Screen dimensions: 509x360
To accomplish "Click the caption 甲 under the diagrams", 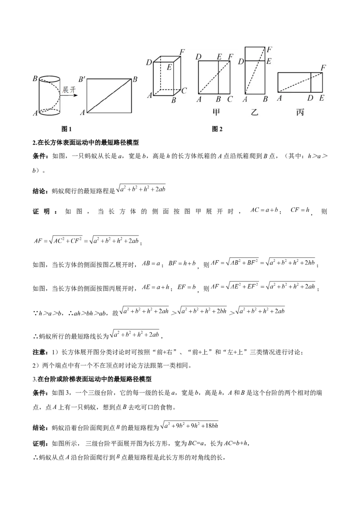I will [x=216, y=112].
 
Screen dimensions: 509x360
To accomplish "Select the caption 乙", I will [x=256, y=112].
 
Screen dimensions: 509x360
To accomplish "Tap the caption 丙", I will [x=300, y=112].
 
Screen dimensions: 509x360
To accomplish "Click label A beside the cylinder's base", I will [x=35, y=114].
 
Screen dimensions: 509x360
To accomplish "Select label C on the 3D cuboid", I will [x=184, y=90].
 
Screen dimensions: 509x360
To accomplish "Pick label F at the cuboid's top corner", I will [x=182, y=52].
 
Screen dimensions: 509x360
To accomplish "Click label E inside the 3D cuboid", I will [x=170, y=67].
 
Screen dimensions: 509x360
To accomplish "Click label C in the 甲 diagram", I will [x=230, y=99].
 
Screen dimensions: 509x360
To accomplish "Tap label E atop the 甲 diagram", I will [x=219, y=57].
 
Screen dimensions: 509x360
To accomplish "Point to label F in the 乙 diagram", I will [x=269, y=49].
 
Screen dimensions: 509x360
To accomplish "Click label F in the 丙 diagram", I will [x=323, y=68].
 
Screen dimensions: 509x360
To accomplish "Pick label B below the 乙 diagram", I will [x=265, y=99].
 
